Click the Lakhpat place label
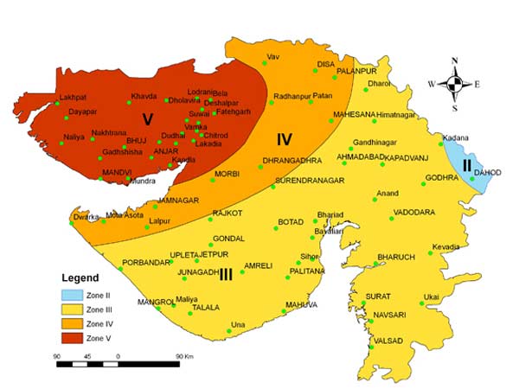[x=73, y=98]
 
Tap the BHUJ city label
[x=137, y=139]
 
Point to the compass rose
[x=455, y=84]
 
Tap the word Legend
[x=80, y=278]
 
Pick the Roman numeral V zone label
[x=148, y=118]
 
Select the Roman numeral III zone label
[x=227, y=274]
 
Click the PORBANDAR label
[x=144, y=262]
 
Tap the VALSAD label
[x=388, y=341]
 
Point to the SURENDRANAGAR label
[x=310, y=180]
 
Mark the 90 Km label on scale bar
[x=182, y=355]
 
